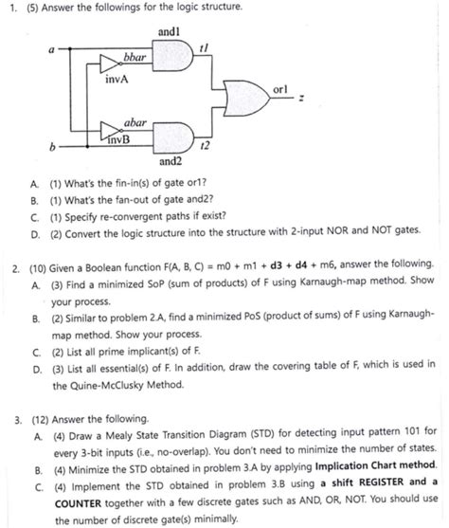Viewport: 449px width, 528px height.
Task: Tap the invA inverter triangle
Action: point(113,68)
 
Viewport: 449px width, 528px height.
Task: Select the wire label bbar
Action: point(134,60)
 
